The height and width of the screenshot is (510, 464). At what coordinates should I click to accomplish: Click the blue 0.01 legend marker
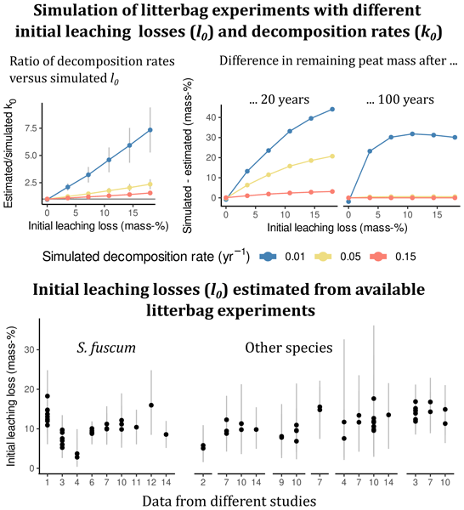(268, 257)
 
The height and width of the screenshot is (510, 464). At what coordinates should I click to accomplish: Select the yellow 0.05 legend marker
(323, 257)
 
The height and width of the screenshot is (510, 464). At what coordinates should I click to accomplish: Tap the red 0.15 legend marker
(378, 257)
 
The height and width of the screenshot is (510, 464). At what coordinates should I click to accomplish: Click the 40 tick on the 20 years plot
(212, 117)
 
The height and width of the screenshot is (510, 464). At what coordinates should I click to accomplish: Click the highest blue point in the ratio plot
(150, 130)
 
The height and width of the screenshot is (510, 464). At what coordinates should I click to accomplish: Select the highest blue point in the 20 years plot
(332, 110)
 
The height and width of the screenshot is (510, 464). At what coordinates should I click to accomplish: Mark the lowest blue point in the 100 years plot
(348, 201)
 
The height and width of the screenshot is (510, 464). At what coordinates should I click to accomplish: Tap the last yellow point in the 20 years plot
(332, 156)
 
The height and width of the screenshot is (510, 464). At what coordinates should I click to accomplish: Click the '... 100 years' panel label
(400, 99)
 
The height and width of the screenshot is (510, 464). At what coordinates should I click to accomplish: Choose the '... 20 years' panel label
(279, 99)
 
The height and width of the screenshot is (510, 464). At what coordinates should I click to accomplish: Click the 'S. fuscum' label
(106, 348)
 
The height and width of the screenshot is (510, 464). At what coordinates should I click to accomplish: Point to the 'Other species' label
(289, 348)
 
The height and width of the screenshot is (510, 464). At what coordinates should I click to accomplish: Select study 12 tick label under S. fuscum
(151, 482)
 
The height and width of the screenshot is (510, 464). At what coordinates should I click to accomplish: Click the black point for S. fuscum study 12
(151, 405)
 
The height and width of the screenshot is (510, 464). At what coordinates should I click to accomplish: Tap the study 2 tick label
(203, 482)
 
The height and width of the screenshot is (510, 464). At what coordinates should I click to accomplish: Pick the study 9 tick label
(281, 482)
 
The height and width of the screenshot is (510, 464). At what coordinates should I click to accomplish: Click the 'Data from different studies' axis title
(229, 501)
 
